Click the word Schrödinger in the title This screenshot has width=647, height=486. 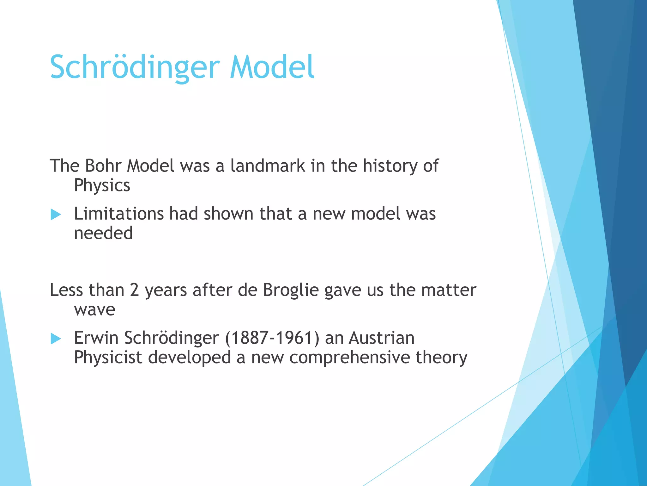(135, 67)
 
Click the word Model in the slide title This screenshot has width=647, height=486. (272, 67)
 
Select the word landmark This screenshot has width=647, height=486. (268, 165)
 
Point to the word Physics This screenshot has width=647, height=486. (102, 186)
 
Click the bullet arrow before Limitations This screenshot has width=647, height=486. (56, 215)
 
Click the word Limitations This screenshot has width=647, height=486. (119, 214)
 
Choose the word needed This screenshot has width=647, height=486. (103, 233)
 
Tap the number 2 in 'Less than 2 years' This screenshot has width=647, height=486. (134, 290)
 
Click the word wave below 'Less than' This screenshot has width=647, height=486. (94, 309)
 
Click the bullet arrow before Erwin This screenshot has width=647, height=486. (56, 339)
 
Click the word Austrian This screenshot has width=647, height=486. (382, 338)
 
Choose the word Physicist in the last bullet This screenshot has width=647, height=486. (108, 358)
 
